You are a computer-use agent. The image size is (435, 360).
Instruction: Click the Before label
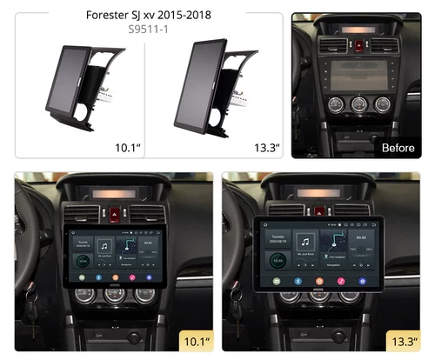(398, 148)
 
